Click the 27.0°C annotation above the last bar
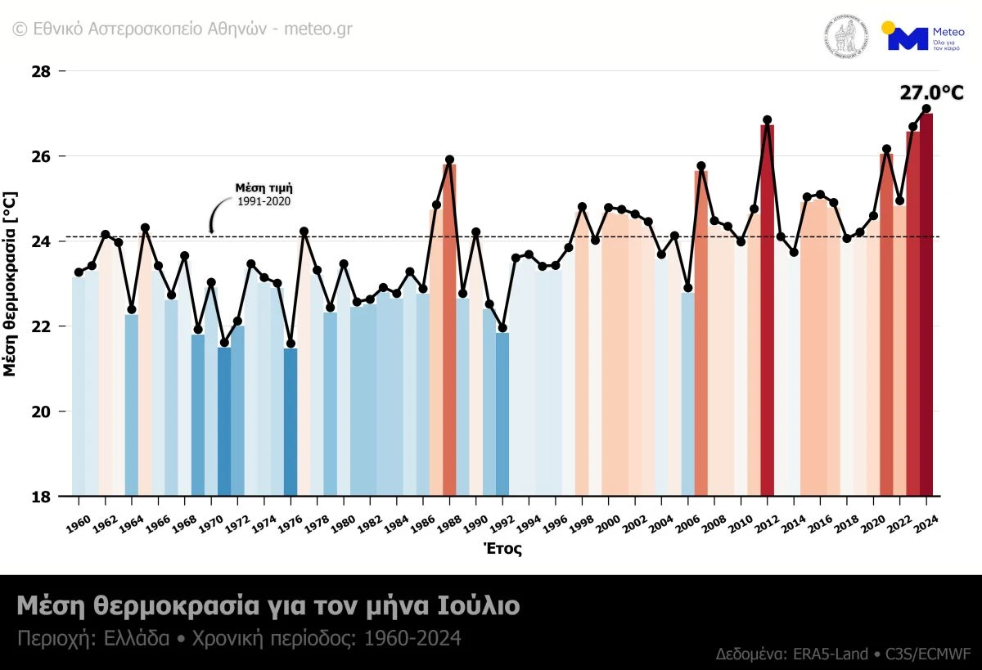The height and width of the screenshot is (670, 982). pos(932,92)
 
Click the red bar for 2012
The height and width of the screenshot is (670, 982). pos(767,311)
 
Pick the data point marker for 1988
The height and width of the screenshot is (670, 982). pos(449,160)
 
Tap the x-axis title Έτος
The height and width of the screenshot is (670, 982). pos(502,549)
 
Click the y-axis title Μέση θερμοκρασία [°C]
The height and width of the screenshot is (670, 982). pos(10,284)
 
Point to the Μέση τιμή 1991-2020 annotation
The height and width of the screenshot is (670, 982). pos(264,194)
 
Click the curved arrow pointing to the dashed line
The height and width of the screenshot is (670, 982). pos(216,214)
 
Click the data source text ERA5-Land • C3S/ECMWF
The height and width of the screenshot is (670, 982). pos(843,654)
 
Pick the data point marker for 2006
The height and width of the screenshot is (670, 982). pos(701,166)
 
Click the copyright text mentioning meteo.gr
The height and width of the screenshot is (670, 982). pos(183,28)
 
